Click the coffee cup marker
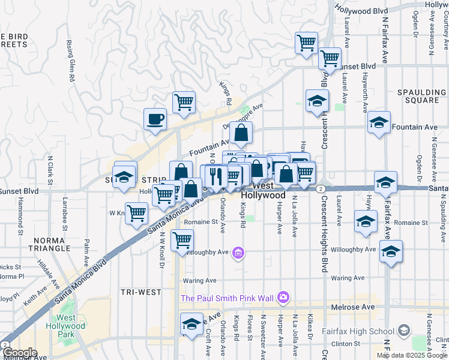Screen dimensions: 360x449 pyautogui.click(x=155, y=118)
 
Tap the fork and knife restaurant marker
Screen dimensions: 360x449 pyautogui.click(x=215, y=176)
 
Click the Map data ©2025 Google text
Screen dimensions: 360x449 pyautogui.click(x=412, y=355)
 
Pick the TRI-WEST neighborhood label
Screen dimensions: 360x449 pyautogui.click(x=140, y=292)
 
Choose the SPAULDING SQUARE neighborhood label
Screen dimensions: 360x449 pyautogui.click(x=419, y=96)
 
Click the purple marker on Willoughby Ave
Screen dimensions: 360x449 pyautogui.click(x=238, y=253)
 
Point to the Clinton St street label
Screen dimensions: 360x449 pyautogui.click(x=349, y=344)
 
